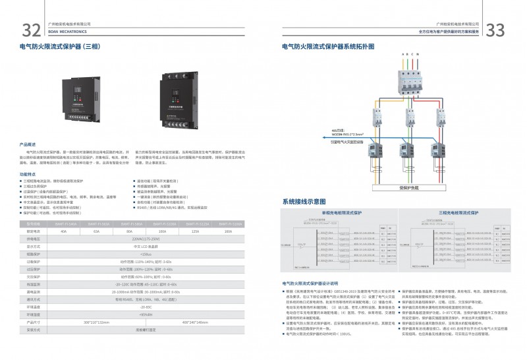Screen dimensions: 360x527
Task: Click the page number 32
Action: pyautogui.click(x=31, y=30)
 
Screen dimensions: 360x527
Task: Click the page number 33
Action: pyautogui.click(x=495, y=30)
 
